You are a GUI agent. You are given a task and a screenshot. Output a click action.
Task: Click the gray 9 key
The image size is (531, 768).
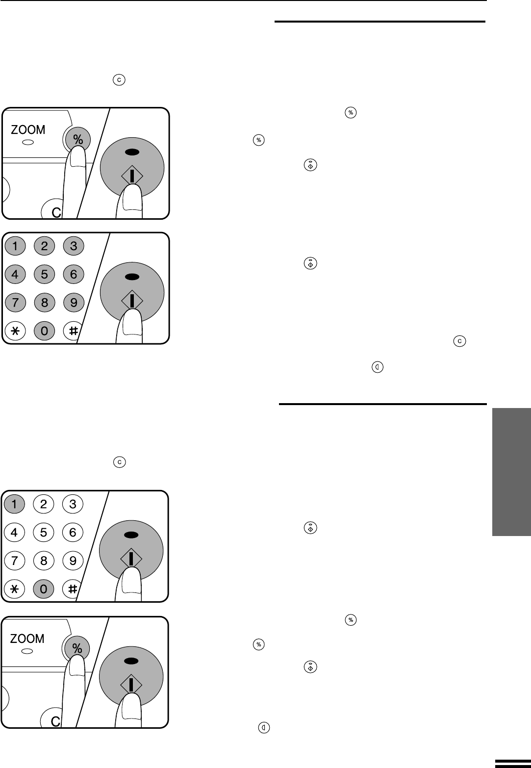pos(74,303)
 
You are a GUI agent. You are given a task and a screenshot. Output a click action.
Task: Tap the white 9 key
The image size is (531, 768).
pos(73,561)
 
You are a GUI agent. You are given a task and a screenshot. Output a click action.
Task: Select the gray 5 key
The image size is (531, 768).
pos(45,274)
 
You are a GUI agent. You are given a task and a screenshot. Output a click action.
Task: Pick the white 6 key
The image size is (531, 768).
pos(73,532)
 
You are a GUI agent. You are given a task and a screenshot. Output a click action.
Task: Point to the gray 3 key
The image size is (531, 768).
pos(74,246)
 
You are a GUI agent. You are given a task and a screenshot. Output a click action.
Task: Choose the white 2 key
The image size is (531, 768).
pos(44,504)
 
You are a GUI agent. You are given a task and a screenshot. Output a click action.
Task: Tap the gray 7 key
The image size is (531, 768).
pos(15,303)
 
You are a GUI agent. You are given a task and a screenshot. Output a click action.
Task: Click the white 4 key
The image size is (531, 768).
pos(14,532)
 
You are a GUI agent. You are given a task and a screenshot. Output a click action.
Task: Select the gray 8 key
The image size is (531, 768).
pos(45,303)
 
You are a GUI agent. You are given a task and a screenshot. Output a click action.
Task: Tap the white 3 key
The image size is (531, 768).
pos(73,504)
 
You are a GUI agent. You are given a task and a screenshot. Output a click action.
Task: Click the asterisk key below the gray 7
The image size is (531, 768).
pos(15,331)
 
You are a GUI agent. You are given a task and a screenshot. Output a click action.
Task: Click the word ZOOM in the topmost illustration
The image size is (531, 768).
pos(28,129)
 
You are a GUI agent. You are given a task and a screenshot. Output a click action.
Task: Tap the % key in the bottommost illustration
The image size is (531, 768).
pos(77,648)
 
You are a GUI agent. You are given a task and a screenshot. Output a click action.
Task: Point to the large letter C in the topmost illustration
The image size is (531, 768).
pos(56,212)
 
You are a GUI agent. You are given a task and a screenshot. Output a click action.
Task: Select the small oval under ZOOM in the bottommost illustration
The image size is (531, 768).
pos(27,651)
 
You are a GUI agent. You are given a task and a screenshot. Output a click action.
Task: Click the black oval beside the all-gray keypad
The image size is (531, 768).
pos(132,277)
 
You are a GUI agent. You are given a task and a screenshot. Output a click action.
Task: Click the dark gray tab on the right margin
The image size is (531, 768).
pos(511,472)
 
